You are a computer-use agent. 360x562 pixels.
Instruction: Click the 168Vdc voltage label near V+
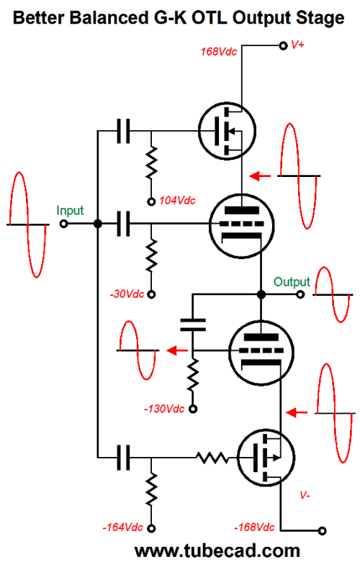click(x=219, y=52)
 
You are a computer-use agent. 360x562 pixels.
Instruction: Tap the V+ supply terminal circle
click(x=283, y=46)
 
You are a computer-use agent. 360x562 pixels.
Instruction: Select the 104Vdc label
click(x=177, y=200)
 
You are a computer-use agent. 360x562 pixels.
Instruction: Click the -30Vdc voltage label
click(x=127, y=294)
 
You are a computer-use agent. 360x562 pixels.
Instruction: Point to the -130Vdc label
click(x=164, y=409)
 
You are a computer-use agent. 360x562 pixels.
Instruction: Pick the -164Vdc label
click(x=122, y=527)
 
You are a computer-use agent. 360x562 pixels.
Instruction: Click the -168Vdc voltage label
click(x=254, y=527)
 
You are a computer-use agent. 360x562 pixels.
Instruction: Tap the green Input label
click(x=70, y=210)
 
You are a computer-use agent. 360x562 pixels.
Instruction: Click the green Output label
click(x=292, y=282)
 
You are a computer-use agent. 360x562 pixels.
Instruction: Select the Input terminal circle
click(x=64, y=225)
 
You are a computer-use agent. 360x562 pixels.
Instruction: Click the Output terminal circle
click(x=300, y=294)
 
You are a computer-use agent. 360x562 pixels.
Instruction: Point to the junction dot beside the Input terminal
click(x=97, y=225)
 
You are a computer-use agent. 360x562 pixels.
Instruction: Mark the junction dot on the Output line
click(x=261, y=294)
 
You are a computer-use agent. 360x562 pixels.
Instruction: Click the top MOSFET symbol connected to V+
click(x=227, y=131)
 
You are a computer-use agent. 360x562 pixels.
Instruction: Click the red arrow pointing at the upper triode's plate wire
click(x=260, y=176)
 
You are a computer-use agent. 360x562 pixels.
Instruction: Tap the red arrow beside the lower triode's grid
click(x=177, y=350)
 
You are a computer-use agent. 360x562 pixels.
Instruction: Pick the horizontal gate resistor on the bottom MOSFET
click(x=212, y=458)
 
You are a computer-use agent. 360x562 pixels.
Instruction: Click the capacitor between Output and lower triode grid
click(x=192, y=325)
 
